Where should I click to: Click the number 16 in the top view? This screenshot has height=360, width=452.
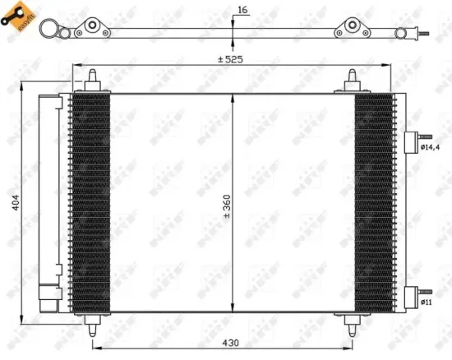[241, 10]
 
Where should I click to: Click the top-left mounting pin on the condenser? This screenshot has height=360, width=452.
[90, 80]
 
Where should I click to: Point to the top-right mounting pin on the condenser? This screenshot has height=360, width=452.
[354, 80]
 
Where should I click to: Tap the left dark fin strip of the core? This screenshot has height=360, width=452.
[90, 201]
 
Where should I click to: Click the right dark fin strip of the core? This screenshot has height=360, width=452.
[374, 201]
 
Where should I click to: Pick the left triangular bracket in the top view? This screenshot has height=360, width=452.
[93, 31]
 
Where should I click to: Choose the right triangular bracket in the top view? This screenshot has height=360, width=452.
[353, 31]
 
